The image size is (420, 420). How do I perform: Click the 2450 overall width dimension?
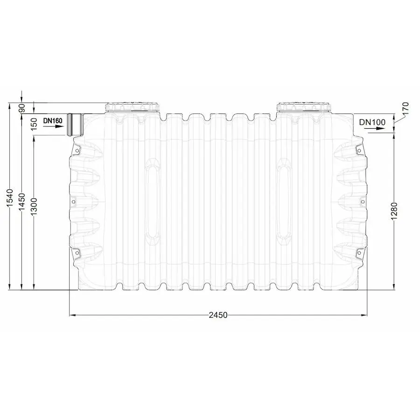(x=218, y=315)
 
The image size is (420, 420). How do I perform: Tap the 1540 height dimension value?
(x=10, y=198)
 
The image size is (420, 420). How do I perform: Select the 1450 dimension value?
(x=21, y=202)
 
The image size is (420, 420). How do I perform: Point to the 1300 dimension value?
(x=34, y=207)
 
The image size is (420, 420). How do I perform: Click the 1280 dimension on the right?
(x=394, y=211)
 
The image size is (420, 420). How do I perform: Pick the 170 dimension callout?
(x=406, y=108)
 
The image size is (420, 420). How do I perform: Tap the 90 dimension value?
(x=21, y=108)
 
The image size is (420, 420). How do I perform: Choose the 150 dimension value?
(x=34, y=124)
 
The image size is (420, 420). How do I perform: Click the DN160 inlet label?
(x=53, y=121)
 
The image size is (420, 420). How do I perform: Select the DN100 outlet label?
(x=372, y=122)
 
